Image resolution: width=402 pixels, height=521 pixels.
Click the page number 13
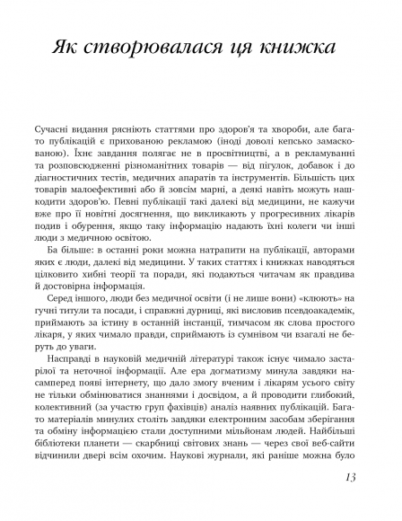[351, 501]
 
